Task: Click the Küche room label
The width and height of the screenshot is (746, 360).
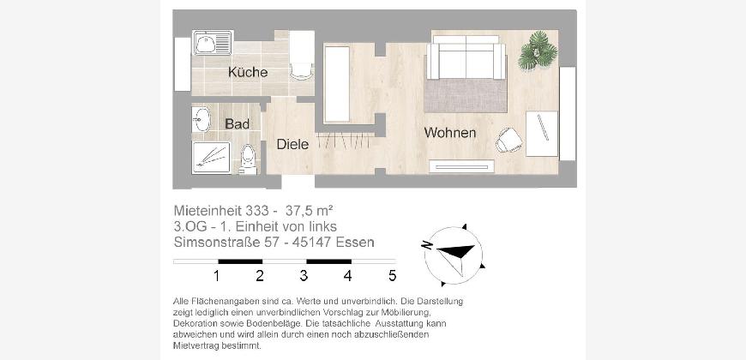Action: point(248,72)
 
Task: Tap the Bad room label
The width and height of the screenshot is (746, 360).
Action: point(238,124)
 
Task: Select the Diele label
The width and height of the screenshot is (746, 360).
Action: point(292,144)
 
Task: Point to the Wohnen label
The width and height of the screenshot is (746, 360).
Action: point(450,133)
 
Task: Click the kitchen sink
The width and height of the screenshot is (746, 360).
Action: point(213,43)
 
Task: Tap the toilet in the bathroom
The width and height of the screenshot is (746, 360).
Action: point(248,159)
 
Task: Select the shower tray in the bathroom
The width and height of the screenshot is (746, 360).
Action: point(211,158)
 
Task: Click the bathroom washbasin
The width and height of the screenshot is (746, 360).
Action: point(202,119)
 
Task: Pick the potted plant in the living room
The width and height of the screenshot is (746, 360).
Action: point(538,51)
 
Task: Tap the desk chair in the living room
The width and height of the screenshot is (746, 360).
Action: point(508,141)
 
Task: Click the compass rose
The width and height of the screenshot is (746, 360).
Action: point(454,255)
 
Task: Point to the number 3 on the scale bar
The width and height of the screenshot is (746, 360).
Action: point(304,276)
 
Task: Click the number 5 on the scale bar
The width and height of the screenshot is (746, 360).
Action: point(392,276)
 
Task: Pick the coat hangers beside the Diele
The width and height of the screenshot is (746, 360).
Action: point(346,141)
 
